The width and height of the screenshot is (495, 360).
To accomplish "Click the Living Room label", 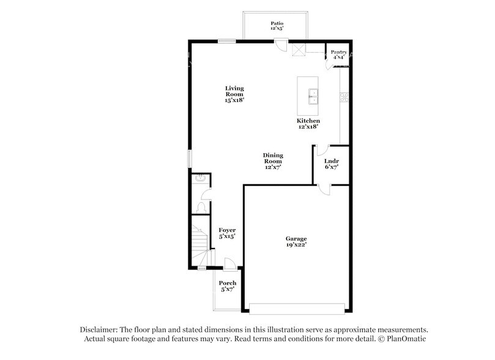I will point(234,94).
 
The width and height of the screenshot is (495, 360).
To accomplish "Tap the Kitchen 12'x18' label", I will point(308,124).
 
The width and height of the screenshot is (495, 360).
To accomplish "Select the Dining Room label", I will point(273,161).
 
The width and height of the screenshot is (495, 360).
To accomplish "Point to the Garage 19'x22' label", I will point(296,241).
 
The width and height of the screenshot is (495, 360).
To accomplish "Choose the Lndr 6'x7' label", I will point(332,163).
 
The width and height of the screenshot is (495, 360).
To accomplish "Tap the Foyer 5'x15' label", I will point(227,233).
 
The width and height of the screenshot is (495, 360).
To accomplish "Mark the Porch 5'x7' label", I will point(228,286).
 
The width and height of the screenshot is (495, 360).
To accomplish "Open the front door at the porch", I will point(229,264).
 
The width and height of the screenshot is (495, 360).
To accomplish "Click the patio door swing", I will point(280,45).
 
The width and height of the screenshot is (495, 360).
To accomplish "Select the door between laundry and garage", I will point(324,189).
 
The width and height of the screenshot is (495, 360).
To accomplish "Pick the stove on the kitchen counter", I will point(344,96).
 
